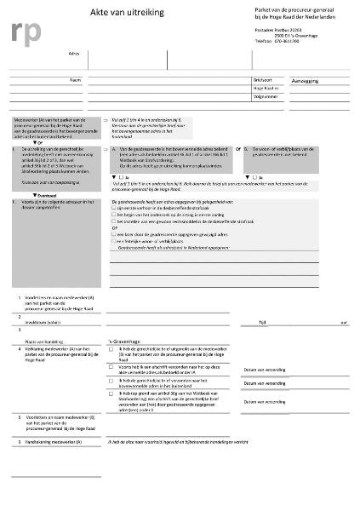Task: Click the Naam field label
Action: (75, 78)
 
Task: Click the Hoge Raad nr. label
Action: (266, 88)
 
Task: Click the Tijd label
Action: (286, 323)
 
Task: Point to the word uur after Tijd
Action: (344, 323)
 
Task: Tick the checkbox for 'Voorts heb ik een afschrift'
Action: (113, 365)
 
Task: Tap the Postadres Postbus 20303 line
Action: (277, 29)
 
